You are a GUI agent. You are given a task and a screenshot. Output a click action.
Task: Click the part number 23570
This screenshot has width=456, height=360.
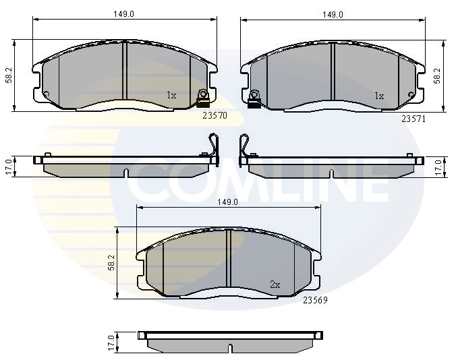pyautogui.click(x=215, y=116)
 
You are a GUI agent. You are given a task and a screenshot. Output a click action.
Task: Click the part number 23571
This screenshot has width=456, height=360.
pyautogui.click(x=414, y=119)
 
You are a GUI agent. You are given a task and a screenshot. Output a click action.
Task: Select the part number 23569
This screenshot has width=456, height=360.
pyautogui.click(x=315, y=300)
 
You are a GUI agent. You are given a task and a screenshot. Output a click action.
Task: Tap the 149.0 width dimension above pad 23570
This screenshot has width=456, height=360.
pyautogui.click(x=123, y=14)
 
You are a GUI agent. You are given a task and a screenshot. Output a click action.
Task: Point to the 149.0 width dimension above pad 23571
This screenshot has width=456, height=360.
pyautogui.click(x=333, y=15)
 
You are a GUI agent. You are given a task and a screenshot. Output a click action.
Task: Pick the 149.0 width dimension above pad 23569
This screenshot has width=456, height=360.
pyautogui.click(x=228, y=202)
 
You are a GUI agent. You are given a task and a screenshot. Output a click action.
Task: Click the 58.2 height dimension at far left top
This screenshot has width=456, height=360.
pyautogui.click(x=9, y=76)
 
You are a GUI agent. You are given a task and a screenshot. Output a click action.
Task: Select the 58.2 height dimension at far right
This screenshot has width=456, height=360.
pyautogui.click(x=437, y=76)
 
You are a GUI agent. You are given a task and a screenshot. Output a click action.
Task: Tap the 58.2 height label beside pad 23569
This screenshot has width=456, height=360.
pyautogui.click(x=111, y=263)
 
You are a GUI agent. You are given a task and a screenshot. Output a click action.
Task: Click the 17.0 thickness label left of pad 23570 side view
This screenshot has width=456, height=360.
pyautogui.click(x=9, y=167)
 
